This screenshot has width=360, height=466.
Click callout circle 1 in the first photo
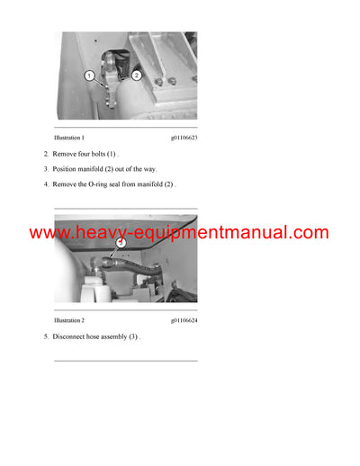coord(90,76)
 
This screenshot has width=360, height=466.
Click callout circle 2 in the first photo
coord(137,76)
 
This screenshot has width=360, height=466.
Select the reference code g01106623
coord(183,138)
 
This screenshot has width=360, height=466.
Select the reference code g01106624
coord(183,320)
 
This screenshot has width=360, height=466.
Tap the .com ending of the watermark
coord(310,233)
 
